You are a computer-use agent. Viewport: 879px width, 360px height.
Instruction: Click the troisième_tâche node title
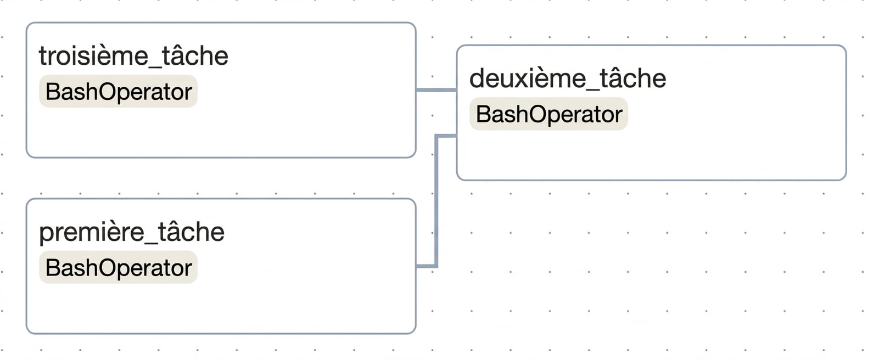pos(133,57)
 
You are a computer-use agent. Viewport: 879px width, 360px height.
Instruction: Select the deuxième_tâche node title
pos(568,79)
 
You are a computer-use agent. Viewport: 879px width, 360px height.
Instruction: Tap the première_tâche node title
pos(131,233)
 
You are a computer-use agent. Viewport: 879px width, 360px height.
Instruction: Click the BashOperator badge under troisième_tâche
pos(118,92)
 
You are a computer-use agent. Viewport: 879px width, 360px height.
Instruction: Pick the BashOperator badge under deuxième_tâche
pos(548,114)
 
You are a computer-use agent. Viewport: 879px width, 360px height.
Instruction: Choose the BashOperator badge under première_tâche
pos(118,267)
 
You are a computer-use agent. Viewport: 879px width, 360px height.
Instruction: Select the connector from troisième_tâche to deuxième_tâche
pos(436,90)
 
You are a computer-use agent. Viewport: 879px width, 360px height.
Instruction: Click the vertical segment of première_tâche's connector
pos(436,201)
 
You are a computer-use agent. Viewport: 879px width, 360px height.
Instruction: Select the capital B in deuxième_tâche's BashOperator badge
pos(483,114)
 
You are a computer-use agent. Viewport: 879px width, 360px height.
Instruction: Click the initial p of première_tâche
pos(46,234)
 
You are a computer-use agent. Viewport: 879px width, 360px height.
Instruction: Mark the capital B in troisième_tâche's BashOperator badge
pos(52,92)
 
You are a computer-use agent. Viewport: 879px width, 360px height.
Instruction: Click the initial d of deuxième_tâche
pos(477,78)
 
